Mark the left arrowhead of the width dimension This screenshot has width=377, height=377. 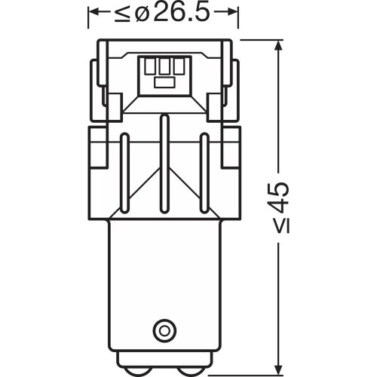pos(93,13)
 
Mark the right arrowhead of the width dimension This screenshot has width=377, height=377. pos(236,13)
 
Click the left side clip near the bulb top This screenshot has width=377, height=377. pos(97,79)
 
